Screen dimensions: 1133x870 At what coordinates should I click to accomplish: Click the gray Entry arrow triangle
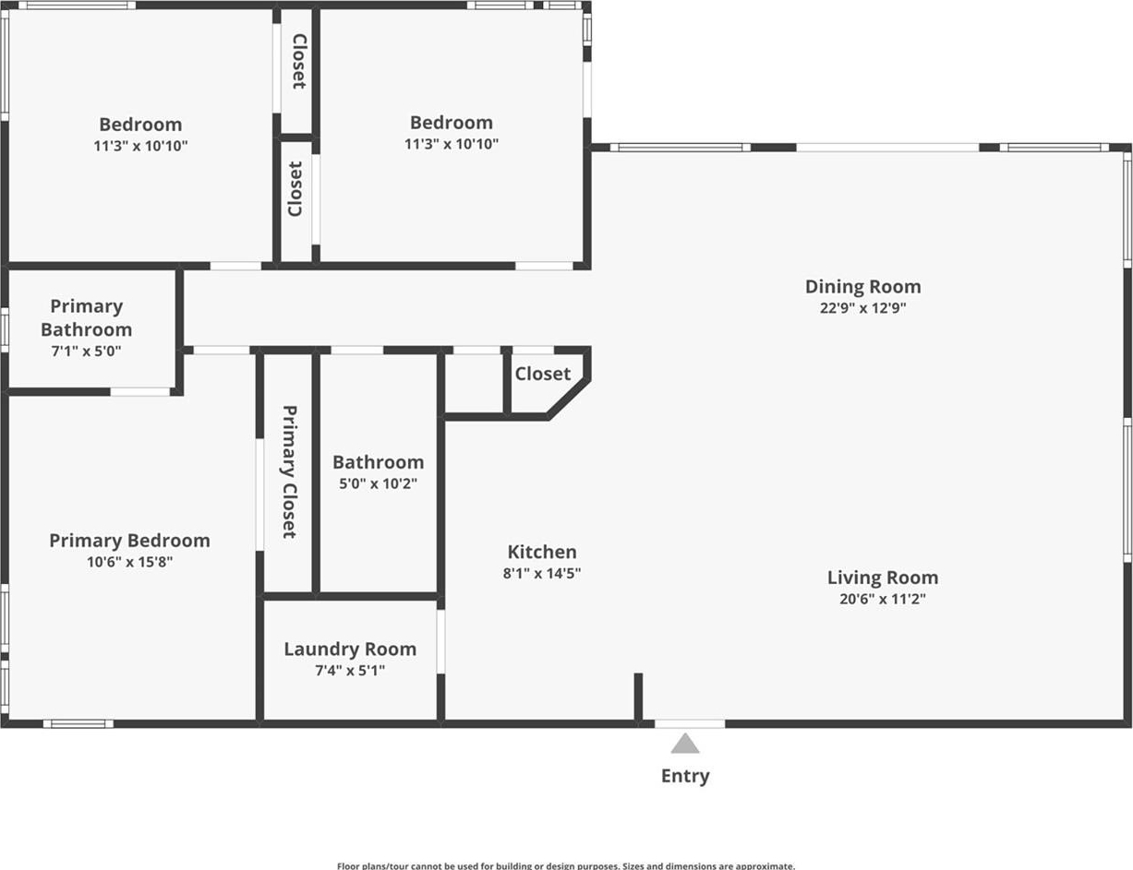(684, 744)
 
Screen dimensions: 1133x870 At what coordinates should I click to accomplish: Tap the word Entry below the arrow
(685, 776)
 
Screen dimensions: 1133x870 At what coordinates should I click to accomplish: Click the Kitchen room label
(542, 552)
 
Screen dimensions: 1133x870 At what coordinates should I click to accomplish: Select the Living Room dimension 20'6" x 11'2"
(882, 599)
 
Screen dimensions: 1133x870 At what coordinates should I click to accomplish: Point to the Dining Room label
(863, 287)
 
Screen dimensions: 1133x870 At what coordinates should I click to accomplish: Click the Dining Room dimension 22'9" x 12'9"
(863, 308)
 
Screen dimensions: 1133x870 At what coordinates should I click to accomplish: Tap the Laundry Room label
(350, 650)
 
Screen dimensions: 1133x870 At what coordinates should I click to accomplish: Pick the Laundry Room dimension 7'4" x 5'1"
(350, 671)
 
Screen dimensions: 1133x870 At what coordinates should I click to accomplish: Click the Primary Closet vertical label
(289, 471)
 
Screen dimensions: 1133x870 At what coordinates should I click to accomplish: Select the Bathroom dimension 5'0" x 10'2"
(378, 483)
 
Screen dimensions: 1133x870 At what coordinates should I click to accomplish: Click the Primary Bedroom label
(129, 541)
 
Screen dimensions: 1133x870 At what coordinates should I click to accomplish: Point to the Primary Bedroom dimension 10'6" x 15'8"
(129, 562)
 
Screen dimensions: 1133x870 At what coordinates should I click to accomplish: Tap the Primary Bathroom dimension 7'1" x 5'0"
(86, 352)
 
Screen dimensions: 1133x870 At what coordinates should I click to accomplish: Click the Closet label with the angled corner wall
(542, 374)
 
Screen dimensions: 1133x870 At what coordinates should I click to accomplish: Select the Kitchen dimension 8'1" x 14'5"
(542, 573)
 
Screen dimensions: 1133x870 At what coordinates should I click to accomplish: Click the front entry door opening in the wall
(689, 723)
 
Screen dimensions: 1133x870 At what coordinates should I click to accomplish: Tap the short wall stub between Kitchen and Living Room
(638, 697)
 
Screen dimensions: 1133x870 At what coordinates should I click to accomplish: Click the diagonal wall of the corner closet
(568, 399)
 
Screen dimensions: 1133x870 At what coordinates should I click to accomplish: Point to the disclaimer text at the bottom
(566, 865)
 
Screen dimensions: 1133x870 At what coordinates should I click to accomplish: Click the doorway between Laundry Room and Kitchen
(440, 641)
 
